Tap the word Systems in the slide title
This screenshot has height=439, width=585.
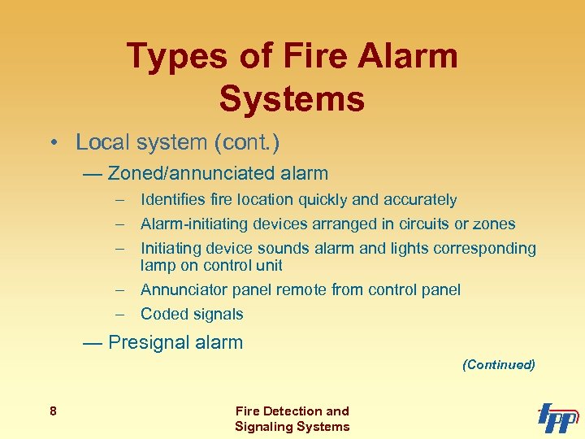point(292,99)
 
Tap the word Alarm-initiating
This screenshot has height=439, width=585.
point(192,224)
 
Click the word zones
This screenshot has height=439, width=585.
point(495,224)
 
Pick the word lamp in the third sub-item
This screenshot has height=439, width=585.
point(156,265)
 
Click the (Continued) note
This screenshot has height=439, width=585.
point(498,365)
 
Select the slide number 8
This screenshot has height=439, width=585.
point(53,411)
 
